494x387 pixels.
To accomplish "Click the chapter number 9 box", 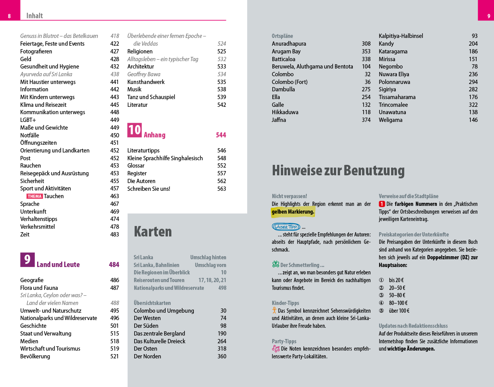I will point(27,260).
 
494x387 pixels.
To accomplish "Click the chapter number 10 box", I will point(135,130).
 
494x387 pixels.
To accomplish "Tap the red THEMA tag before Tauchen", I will point(34,196).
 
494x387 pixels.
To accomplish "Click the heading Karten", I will point(153,231).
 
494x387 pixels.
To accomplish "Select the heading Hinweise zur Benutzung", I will point(338,170).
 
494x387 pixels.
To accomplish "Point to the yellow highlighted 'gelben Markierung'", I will point(293,212).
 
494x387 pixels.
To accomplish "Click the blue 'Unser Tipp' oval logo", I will point(286,227).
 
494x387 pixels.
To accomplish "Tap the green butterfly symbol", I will point(275,264).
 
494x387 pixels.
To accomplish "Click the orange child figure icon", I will point(274,310).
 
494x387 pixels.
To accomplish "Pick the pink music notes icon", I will point(275,349).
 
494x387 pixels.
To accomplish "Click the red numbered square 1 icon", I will point(382,204).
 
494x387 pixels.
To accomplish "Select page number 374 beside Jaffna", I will point(366,120).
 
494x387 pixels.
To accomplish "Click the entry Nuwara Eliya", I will point(394,74).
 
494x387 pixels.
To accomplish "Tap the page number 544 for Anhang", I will point(221,135).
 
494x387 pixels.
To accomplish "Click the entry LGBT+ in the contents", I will point(28,120).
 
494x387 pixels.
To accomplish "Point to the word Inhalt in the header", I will point(34,16).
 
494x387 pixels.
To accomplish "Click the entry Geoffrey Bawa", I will point(144,74).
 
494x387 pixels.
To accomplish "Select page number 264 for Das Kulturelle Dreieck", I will point(222,341).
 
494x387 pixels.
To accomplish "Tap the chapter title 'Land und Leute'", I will point(58,265).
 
